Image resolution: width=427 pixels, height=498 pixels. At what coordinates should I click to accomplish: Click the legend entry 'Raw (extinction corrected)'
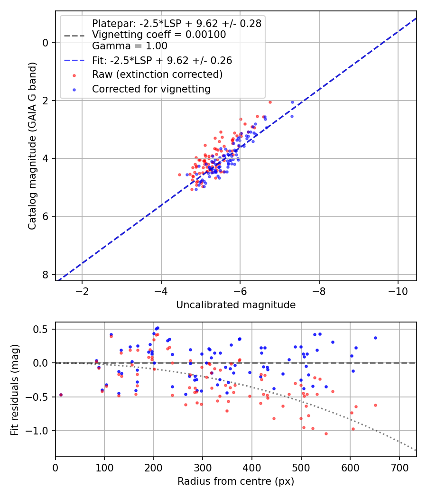point(157,74)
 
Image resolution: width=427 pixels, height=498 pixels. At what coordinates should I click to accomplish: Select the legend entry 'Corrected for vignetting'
point(151,89)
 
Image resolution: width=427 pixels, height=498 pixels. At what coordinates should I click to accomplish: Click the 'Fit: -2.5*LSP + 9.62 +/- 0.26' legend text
point(162,61)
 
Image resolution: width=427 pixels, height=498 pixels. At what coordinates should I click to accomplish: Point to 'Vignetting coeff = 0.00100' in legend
point(159,35)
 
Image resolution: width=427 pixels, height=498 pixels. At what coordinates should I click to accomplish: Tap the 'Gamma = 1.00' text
point(130,46)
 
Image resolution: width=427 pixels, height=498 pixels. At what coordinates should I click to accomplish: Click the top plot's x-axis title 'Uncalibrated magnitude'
point(236,305)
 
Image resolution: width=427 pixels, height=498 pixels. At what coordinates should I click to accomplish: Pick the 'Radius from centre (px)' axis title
point(236,481)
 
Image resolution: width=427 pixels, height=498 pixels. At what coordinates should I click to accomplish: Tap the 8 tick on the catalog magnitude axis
point(46,275)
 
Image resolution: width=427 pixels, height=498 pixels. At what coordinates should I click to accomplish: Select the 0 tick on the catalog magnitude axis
point(46,43)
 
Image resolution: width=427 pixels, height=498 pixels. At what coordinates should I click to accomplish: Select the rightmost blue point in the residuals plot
point(375,338)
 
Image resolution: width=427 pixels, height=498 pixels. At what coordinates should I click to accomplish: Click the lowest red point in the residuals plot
point(326,433)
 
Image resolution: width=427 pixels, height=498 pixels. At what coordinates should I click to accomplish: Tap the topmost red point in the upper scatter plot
point(270,102)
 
